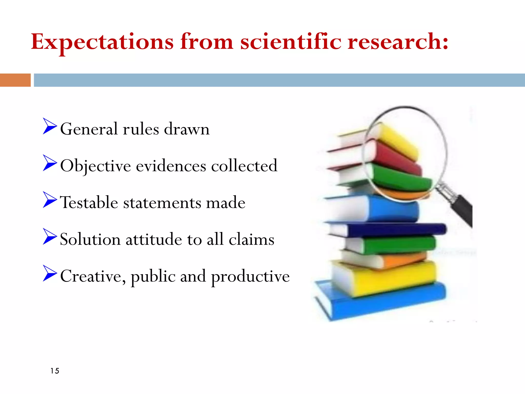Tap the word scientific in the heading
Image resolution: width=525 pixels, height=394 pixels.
pos(290,42)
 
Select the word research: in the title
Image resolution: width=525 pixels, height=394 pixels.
pos(398,42)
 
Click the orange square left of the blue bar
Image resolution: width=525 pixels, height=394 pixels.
pos(15,80)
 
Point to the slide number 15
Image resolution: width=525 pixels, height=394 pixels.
pos(55,371)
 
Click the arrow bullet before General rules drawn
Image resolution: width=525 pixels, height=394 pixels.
pos(49,126)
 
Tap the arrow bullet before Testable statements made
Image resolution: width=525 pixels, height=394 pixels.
pos(49,200)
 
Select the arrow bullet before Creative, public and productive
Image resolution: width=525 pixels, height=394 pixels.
pos(49,273)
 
